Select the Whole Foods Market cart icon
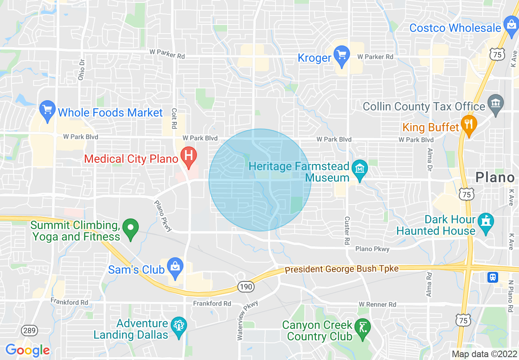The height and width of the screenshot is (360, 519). click(x=48, y=110)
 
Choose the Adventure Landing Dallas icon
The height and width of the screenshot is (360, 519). click(x=178, y=327)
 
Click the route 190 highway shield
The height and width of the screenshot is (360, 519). click(x=246, y=287)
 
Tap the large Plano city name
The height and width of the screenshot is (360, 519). click(x=494, y=178)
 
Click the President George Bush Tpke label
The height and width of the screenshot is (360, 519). click(x=341, y=269)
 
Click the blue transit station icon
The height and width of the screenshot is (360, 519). click(x=493, y=277)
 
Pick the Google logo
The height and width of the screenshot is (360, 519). click(x=27, y=350)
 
